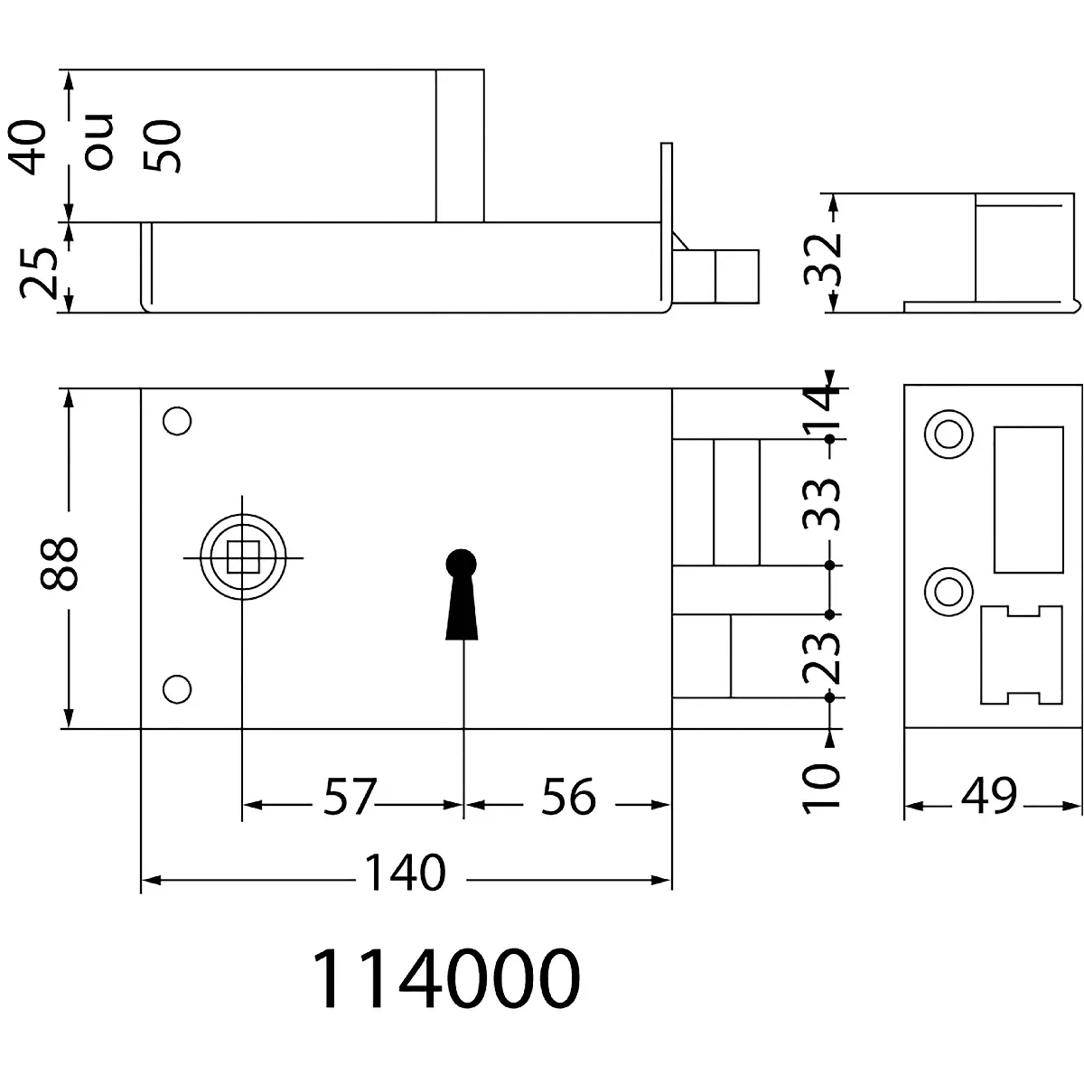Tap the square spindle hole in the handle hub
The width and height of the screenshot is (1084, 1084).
point(243,557)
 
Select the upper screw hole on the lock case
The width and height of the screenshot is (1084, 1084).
point(177,421)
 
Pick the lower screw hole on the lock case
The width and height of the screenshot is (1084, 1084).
point(177,689)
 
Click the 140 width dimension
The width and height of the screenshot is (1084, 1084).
point(405,873)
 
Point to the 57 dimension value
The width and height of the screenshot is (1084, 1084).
point(349,797)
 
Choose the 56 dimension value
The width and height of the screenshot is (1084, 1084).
point(568,797)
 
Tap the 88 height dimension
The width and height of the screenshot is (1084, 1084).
point(59,565)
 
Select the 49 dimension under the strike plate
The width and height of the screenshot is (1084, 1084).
point(989,796)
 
